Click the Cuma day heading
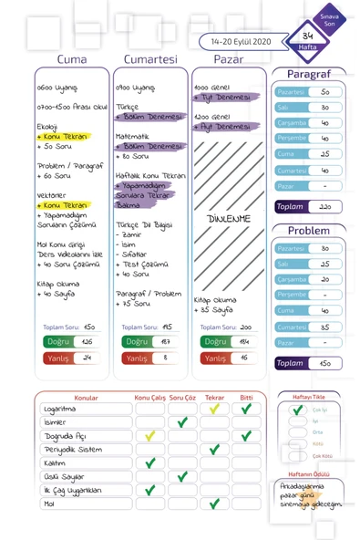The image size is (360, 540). tap(72, 59)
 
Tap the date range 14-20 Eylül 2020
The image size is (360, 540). tap(241, 42)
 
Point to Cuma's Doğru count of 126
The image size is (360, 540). tap(87, 342)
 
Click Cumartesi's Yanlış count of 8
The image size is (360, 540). tap(165, 358)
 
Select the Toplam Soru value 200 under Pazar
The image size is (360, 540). tap(246, 326)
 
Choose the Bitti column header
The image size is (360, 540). tap(246, 399)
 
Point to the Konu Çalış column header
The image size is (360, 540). tap(150, 399)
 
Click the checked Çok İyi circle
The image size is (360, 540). tap(297, 410)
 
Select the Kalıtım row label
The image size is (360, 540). tap(56, 463)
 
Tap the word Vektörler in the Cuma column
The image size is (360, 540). tap(52, 195)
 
